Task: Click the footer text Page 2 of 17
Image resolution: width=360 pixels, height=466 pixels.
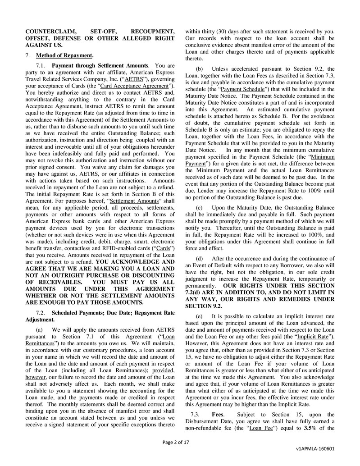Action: [176, 442]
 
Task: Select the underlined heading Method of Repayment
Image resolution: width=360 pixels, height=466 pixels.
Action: [64, 56]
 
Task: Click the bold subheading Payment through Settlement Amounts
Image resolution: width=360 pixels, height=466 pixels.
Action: [100, 66]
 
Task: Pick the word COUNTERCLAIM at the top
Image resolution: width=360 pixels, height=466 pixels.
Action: [48, 32]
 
